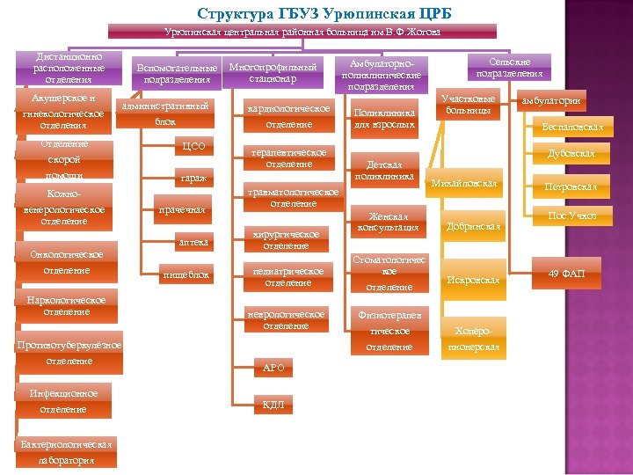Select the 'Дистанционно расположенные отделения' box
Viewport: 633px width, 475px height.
(x=68, y=68)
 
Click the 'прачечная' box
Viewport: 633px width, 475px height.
(x=181, y=209)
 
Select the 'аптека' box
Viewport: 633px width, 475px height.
(x=193, y=241)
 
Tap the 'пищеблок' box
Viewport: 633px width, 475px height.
(x=187, y=275)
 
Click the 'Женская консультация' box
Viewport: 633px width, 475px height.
(x=388, y=223)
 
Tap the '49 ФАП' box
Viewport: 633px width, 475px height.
(x=566, y=274)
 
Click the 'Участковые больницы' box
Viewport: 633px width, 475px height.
(x=469, y=106)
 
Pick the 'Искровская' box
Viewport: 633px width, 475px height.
(x=473, y=280)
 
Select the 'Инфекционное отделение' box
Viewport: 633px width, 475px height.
(x=63, y=401)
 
